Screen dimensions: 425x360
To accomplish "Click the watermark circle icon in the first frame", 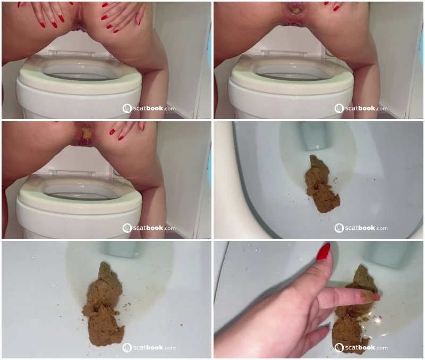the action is point(127,108).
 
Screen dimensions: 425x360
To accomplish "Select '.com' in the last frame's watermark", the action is point(381,348).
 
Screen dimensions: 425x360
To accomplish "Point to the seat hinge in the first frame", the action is point(72,53).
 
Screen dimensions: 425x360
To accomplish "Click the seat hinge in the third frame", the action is point(72,173).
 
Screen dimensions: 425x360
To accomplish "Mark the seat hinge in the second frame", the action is point(284,53).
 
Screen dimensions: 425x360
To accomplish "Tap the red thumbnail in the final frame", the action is point(324,251).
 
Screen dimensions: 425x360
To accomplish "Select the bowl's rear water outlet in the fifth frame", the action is point(122,249).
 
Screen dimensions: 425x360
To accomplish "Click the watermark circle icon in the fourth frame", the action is point(339,228).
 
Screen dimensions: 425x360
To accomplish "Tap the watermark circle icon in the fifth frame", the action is point(127,348).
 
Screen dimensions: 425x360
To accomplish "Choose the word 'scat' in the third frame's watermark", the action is point(140,228).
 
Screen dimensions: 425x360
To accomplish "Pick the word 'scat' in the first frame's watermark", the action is point(140,108).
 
